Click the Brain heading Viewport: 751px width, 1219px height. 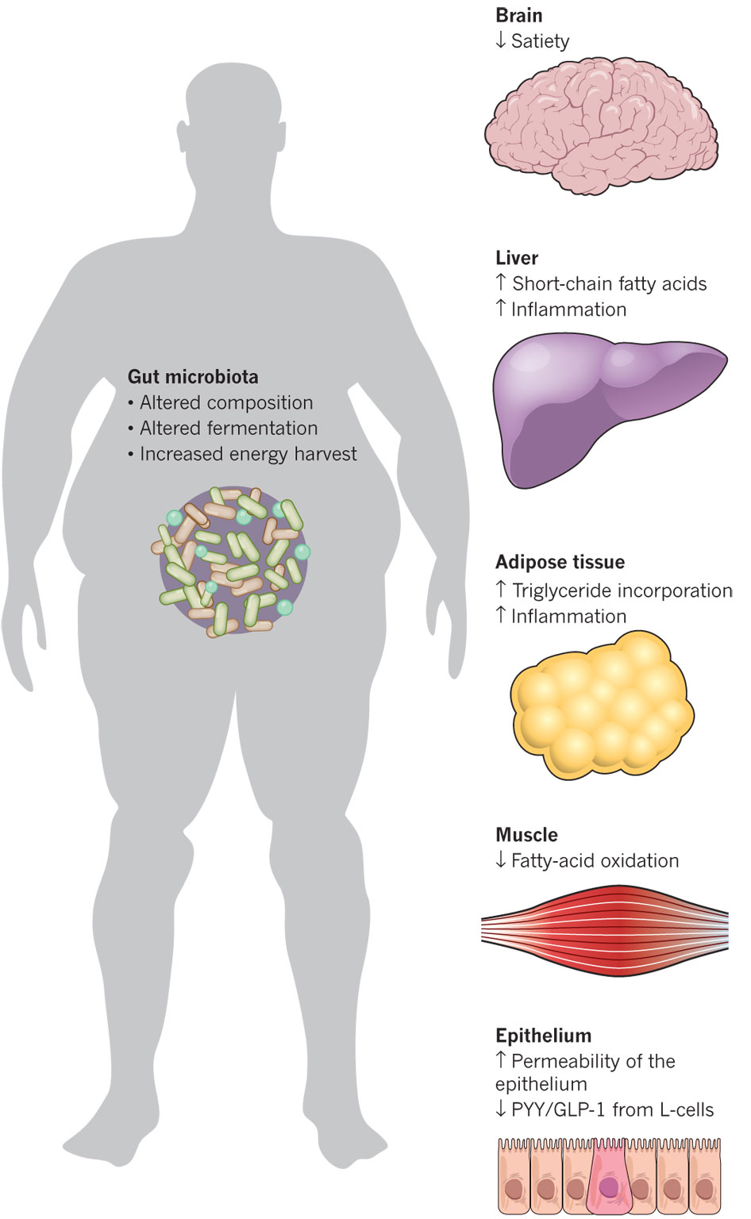point(518,15)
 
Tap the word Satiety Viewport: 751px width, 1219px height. point(540,41)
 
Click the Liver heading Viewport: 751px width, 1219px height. point(517,257)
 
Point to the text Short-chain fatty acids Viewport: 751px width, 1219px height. point(609,283)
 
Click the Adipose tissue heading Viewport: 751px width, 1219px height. point(560,562)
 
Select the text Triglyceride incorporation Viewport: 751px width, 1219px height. point(622,590)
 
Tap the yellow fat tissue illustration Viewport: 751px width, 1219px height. point(602,705)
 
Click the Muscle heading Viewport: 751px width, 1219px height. point(526,835)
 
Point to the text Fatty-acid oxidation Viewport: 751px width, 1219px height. point(595,861)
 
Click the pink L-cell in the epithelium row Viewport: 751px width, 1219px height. point(609,1179)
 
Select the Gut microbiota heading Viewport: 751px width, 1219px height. point(193,377)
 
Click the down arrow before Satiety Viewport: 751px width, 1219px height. point(501,40)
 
